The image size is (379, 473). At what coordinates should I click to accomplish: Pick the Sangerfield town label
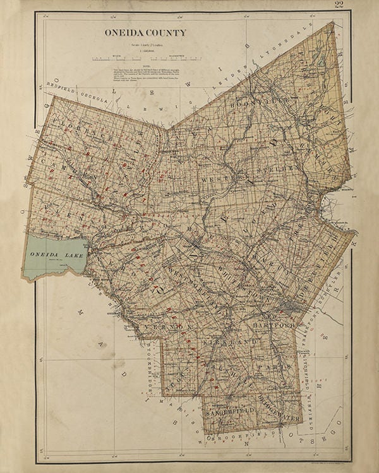point(231,411)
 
